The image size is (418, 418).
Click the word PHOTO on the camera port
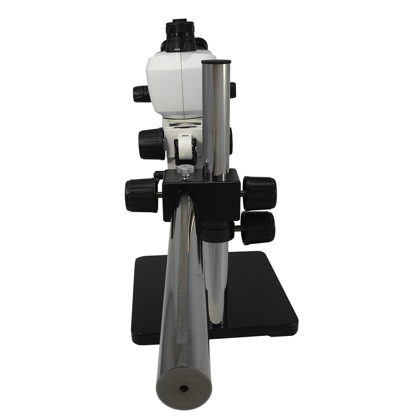pos(177,50)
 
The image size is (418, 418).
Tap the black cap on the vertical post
pos(216,62)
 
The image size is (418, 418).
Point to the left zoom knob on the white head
pos(141,94)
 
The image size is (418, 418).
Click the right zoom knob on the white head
pos(233,90)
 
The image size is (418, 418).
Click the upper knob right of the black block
pos(260,193)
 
